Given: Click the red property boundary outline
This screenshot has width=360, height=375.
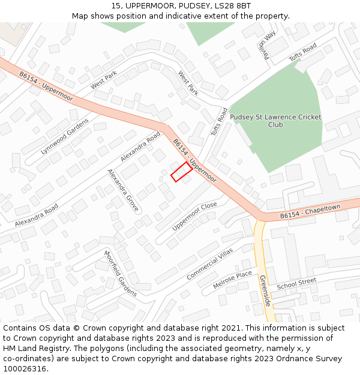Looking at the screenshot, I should pos(182,172).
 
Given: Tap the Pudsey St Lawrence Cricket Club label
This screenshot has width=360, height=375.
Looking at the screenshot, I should pos(275,121).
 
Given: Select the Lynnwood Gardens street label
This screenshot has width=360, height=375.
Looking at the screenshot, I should pos(64,136).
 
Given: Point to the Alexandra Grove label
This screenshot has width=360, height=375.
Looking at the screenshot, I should pos(124,191).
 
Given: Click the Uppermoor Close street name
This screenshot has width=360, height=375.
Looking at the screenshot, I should pos(194,217).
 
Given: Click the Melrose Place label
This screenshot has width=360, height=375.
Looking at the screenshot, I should pos(233,280).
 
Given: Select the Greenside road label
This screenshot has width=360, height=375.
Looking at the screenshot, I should pos(265,290).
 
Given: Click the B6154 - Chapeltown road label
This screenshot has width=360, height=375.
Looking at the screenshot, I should pos(310,213).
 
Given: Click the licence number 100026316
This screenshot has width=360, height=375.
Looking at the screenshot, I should pos(26,369).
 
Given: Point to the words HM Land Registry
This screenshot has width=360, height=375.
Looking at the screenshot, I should pos(35,349).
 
